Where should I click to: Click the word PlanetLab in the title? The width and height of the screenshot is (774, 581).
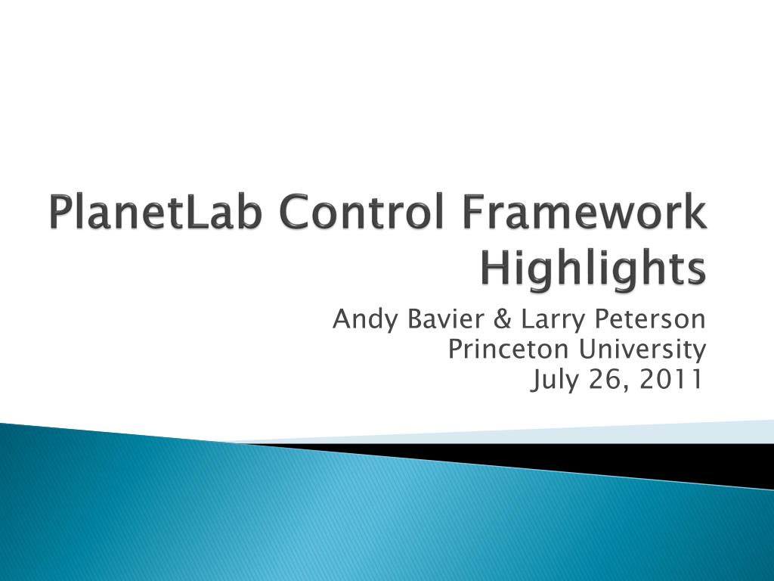point(155,212)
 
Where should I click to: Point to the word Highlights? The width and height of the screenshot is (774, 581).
point(593,269)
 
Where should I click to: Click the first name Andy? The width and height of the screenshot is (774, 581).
point(365,320)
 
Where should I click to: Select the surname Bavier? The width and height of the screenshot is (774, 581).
point(446,318)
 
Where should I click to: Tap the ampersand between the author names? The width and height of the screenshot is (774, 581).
point(503,318)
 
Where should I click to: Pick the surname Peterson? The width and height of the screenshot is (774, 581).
point(650,318)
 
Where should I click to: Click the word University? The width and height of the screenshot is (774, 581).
point(642,350)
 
